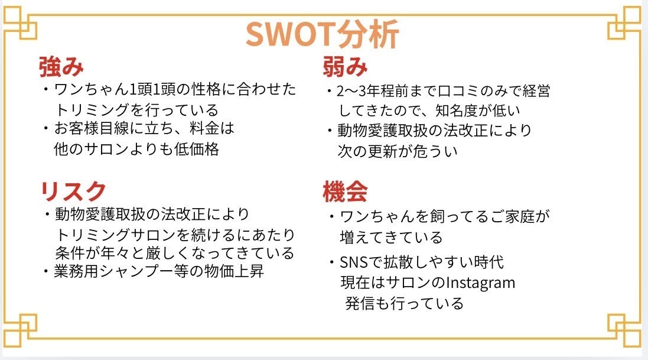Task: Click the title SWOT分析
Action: (323, 34)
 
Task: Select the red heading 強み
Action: (61, 67)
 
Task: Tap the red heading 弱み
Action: (345, 67)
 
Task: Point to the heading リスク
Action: (73, 191)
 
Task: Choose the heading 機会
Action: (345, 192)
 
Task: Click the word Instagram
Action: (481, 283)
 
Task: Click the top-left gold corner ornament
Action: (20, 22)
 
